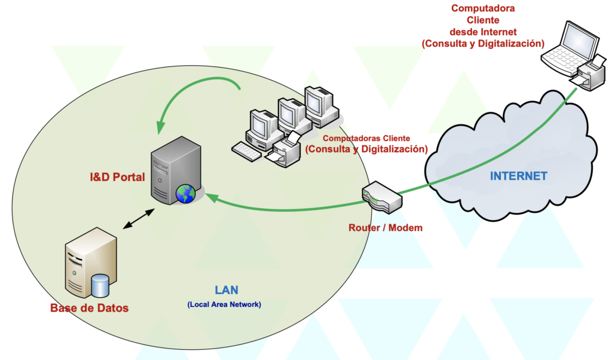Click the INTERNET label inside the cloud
[518, 176]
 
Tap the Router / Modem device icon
[382, 197]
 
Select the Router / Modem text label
[385, 228]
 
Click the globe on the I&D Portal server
[185, 194]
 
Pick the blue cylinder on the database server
[100, 285]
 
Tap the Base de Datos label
[89, 308]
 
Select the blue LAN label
[227, 290]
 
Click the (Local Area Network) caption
[224, 304]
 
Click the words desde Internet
[483, 32]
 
